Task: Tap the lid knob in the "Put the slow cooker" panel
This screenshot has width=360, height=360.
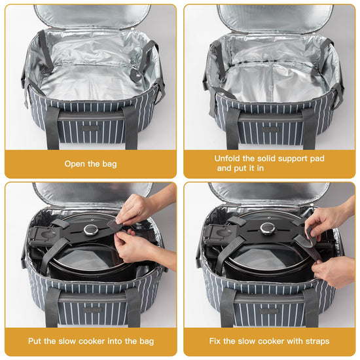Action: click(91, 230)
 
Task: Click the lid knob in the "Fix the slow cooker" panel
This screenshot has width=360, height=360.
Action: click(267, 228)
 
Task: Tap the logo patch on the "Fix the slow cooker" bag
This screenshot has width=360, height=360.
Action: click(268, 311)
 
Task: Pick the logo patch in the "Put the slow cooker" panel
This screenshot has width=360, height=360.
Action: click(92, 310)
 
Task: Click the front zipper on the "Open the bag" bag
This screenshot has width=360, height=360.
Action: click(91, 117)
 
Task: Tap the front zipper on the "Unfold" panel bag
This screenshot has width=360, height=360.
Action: click(270, 118)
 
